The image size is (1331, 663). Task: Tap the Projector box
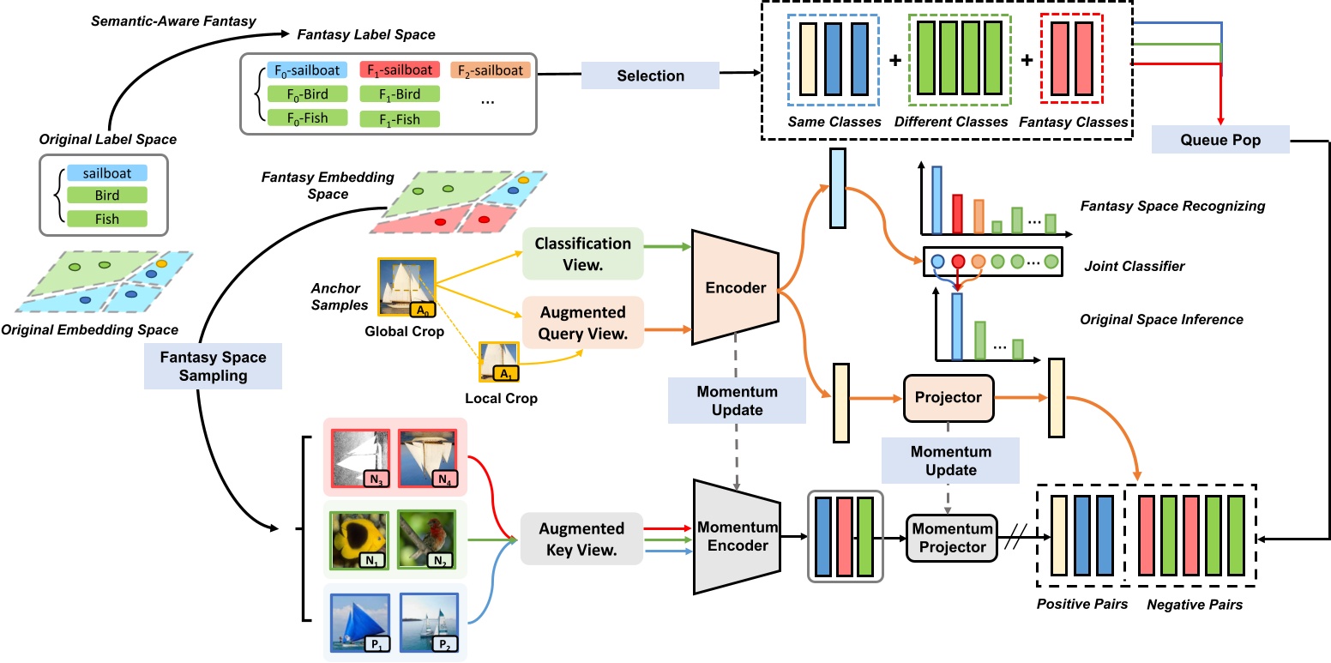948,397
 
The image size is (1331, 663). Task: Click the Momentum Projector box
952,537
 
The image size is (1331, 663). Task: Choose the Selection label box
651,75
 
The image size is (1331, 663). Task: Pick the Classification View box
582,253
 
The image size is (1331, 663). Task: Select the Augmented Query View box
582,323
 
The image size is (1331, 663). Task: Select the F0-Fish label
306,118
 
